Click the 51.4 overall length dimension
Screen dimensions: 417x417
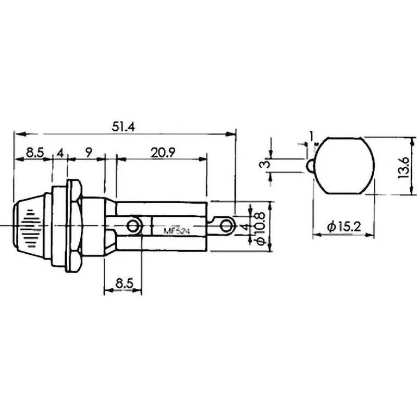pos(123,127)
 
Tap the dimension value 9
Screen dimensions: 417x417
pos(89,152)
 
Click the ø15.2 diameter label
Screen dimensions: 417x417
pos(344,227)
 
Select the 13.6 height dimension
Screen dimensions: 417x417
pos(403,167)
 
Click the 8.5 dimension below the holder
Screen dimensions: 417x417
pos(124,284)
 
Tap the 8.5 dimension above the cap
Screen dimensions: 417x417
pos(34,153)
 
